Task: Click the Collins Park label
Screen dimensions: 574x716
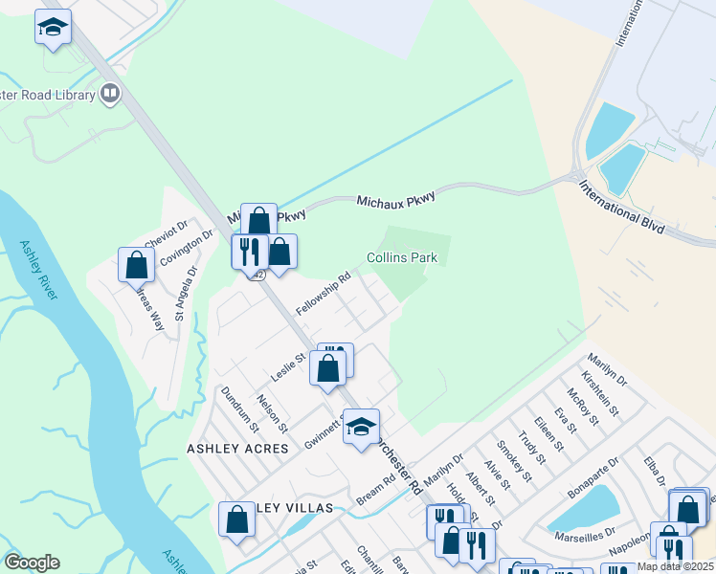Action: click(x=402, y=258)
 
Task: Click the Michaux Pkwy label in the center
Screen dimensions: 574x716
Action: click(x=395, y=199)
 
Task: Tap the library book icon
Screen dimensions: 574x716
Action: click(x=110, y=94)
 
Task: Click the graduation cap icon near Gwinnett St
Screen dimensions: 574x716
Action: click(x=362, y=428)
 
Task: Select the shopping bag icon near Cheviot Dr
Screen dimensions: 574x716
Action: click(x=136, y=264)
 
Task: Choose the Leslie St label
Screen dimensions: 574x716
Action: click(x=287, y=367)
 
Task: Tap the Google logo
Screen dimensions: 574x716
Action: click(x=32, y=563)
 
